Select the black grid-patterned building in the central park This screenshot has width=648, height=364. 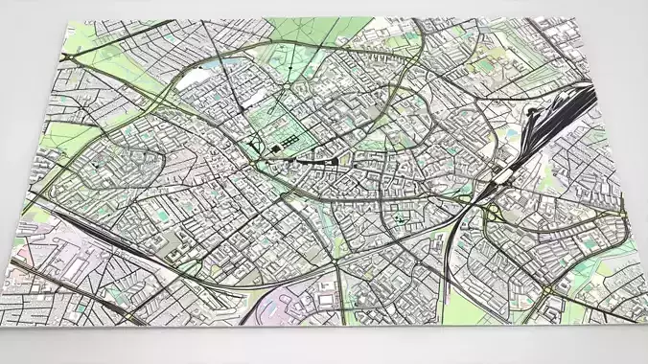point(278,148)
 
